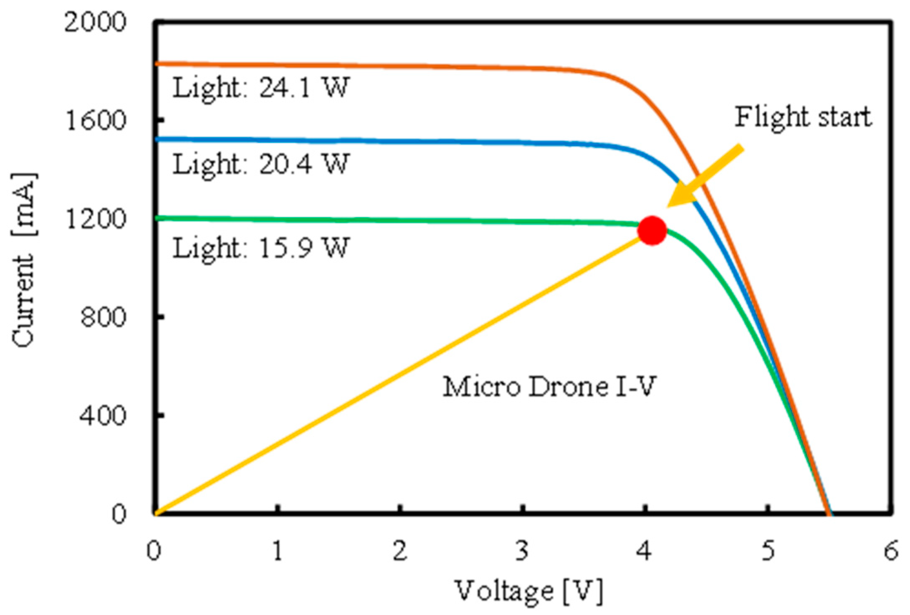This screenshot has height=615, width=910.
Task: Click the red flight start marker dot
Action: [652, 230]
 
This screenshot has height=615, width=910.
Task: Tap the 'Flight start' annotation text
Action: [803, 117]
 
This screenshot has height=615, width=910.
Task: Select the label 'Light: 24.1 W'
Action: [260, 89]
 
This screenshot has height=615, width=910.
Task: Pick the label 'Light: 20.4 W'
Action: [260, 165]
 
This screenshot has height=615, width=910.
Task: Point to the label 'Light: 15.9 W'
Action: [260, 248]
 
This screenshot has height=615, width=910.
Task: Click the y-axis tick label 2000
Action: [95, 22]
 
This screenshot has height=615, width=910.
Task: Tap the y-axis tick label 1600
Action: [96, 120]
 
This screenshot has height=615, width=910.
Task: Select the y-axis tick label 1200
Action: [96, 219]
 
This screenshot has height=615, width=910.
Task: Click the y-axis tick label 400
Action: [103, 416]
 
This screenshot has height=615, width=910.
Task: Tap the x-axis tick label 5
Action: [768, 551]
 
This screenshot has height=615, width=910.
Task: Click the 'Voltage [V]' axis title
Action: [528, 591]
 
